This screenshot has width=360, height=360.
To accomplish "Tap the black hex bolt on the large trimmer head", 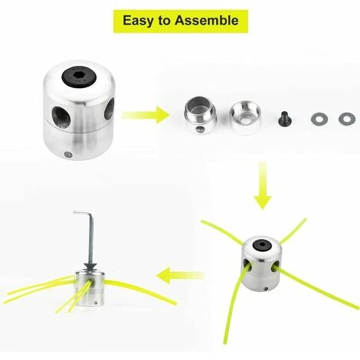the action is coord(78,76).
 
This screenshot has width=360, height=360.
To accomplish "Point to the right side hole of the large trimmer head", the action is coord(110,109).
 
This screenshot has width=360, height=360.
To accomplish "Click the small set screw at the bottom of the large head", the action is coord(67,154).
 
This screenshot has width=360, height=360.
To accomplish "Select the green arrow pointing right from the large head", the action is coord(146,115).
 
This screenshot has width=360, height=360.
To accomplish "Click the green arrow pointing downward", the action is coord(263,185).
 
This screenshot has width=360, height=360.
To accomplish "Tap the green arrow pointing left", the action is coord(180,276).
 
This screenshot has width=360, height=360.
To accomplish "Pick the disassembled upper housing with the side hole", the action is coord(200,115).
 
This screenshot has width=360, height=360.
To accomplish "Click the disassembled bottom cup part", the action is coord(245,118).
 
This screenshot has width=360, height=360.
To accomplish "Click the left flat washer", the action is coord(319,119).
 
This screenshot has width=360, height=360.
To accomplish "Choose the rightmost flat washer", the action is coord(347,119).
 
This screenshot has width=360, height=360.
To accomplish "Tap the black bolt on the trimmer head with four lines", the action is coord(263,245).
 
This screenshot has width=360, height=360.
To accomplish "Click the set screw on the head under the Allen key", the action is coord(96,303).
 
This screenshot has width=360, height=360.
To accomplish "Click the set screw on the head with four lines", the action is coord(266,289).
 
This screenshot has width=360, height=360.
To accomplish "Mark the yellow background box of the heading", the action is coord(181,21).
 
